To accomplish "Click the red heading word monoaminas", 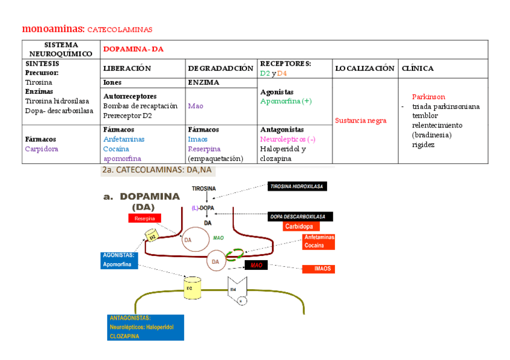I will [x=53, y=29].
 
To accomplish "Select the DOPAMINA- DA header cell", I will [x=134, y=49].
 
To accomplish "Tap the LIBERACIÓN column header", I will [x=127, y=69].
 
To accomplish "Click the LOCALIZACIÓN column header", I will [x=365, y=69].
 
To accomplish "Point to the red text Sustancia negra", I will [x=360, y=121].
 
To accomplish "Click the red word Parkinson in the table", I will [x=428, y=97].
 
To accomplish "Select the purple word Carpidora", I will [x=41, y=149].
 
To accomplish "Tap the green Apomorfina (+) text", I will [x=286, y=102].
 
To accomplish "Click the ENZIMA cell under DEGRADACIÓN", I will [x=203, y=82].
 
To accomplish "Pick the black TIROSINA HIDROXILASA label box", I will [x=297, y=186].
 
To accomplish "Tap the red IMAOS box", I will [x=322, y=269].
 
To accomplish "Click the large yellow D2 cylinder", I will [x=191, y=287].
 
